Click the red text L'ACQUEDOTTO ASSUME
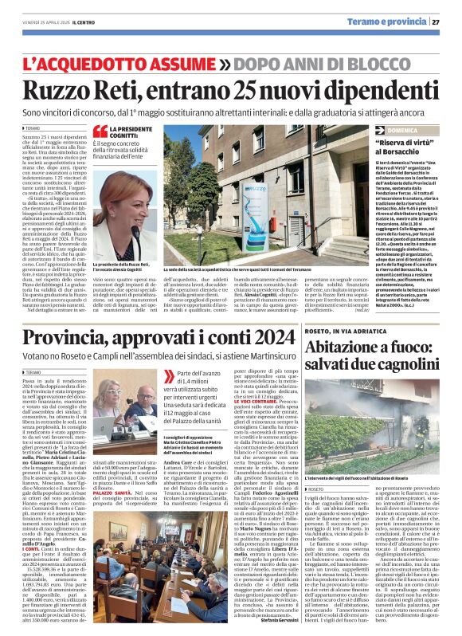(123, 62)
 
